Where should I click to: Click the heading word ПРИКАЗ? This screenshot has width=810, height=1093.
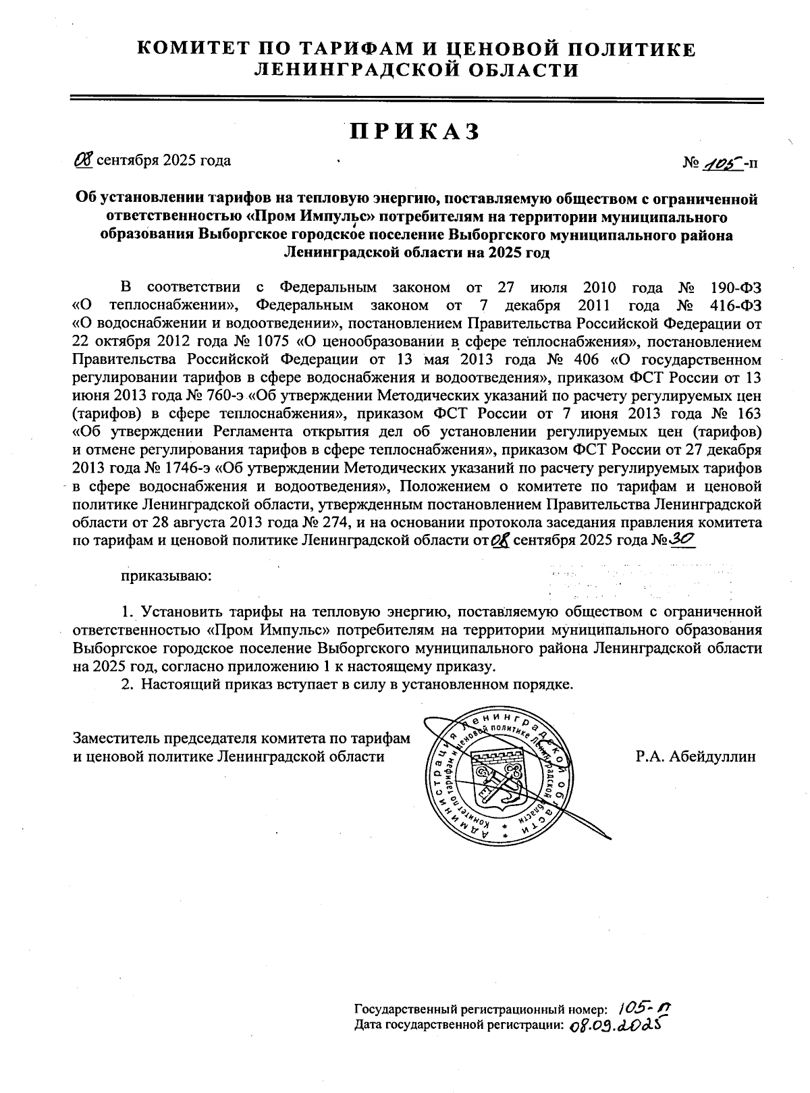[x=414, y=132]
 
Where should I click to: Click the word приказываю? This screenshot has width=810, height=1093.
[x=166, y=576]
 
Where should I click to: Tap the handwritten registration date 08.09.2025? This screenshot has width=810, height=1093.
[x=613, y=1025]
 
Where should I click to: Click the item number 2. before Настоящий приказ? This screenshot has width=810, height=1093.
[x=125, y=685]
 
